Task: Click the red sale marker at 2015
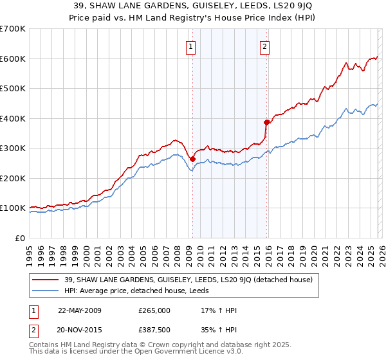[266, 122]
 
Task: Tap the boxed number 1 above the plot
[192, 46]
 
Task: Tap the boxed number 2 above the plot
[265, 46]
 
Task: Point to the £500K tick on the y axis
[13, 89]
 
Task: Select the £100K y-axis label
[13, 208]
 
